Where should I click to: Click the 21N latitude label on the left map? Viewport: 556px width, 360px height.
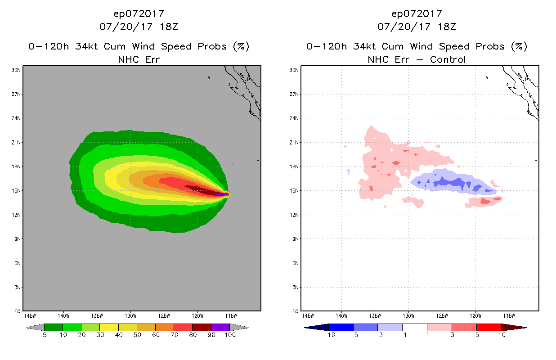tap(16, 143)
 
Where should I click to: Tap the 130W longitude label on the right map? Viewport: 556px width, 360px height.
tap(408, 316)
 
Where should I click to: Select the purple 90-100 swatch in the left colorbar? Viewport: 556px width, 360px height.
tap(220, 327)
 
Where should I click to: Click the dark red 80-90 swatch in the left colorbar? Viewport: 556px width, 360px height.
tap(202, 327)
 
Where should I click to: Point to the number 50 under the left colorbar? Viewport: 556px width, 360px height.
tap(137, 335)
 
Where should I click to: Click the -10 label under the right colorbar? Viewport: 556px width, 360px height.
tap(329, 335)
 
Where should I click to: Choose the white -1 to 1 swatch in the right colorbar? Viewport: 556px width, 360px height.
tap(415, 327)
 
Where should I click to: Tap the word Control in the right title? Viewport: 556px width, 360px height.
tap(448, 59)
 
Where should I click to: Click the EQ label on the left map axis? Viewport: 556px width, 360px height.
tap(18, 311)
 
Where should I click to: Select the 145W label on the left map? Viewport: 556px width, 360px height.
tap(30, 316)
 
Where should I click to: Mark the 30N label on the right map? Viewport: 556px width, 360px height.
tap(294, 70)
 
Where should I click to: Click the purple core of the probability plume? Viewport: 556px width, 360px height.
tap(222, 195)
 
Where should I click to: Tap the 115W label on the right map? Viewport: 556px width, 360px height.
tap(509, 316)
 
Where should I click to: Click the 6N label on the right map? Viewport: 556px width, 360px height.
tap(296, 263)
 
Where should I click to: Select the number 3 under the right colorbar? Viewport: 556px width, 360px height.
tap(452, 335)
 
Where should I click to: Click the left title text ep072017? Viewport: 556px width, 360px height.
tap(139, 13)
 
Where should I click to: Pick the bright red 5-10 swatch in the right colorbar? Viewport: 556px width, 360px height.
tap(489, 327)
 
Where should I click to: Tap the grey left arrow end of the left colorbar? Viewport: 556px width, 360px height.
tap(35, 327)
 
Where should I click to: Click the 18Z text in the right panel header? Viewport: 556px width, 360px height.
tap(447, 27)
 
